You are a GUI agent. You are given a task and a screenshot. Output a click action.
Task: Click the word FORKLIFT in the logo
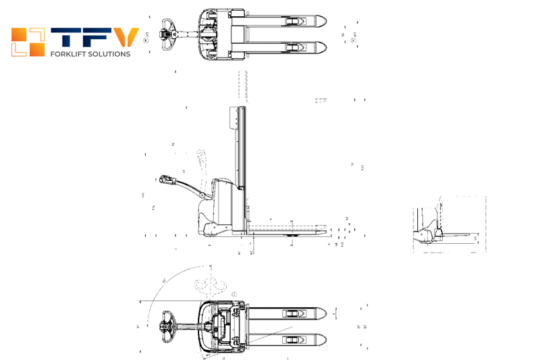[x=66, y=54]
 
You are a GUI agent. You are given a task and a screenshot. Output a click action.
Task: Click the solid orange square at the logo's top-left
[x=18, y=34]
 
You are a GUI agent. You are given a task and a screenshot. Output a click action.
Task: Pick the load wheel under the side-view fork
[x=292, y=236]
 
